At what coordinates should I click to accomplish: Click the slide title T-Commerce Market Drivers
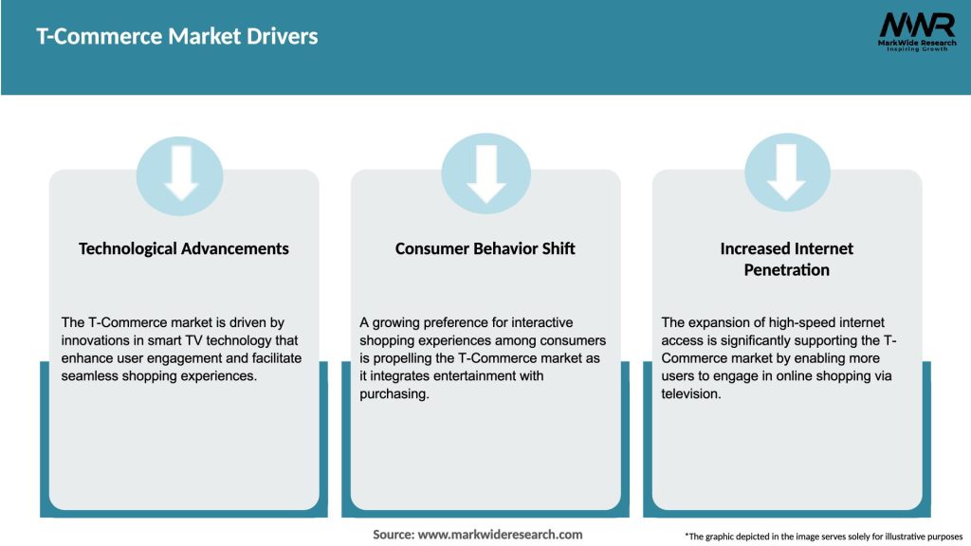(177, 37)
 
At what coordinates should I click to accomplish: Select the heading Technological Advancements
(184, 248)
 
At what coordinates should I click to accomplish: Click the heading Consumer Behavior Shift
(485, 248)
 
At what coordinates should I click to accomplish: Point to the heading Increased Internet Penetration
(787, 259)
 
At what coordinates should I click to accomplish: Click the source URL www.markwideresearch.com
(501, 535)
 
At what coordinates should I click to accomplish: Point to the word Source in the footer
(394, 535)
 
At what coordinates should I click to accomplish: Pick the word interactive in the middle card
(536, 322)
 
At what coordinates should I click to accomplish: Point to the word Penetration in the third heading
(787, 270)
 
